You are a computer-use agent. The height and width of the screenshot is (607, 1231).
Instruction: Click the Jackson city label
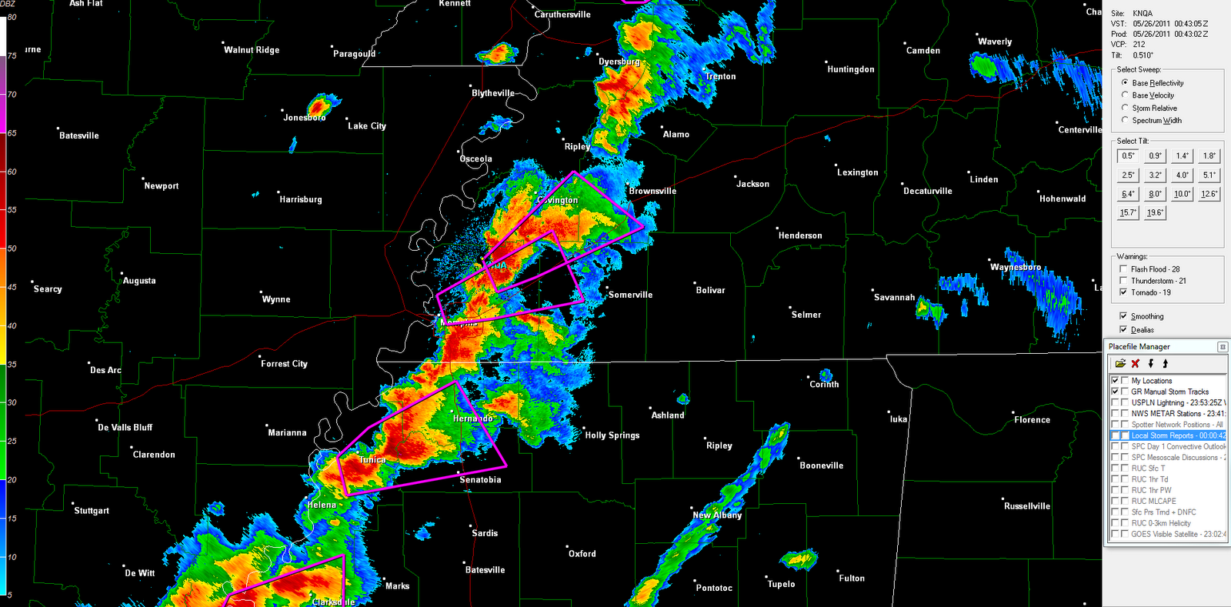tap(752, 184)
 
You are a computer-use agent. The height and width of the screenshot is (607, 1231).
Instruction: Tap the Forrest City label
tap(284, 364)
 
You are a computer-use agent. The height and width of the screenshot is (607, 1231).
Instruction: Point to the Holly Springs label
tap(612, 435)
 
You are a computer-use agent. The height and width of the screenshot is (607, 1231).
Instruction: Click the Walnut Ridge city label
tap(252, 50)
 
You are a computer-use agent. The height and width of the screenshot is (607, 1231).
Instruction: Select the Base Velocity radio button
tap(1126, 95)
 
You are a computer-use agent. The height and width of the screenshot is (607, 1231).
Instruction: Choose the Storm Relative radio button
tap(1126, 108)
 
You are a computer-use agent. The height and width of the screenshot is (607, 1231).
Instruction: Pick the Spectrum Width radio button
tap(1126, 120)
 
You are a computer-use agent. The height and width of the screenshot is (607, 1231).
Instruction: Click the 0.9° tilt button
tap(1155, 156)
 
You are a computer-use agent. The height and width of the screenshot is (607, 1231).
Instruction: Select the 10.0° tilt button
tap(1182, 194)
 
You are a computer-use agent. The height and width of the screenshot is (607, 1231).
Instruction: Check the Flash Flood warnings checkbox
tap(1123, 269)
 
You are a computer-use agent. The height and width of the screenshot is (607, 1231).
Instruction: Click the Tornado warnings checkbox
tap(1123, 292)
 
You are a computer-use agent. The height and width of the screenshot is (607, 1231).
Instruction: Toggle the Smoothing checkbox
tap(1123, 316)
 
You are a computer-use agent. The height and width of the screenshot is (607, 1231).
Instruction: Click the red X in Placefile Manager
tap(1135, 364)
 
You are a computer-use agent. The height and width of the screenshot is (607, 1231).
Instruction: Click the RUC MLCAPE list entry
tap(1153, 501)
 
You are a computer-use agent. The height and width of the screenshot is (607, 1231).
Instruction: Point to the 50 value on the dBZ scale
tap(12, 248)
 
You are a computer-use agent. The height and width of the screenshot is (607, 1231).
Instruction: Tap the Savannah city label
tap(894, 298)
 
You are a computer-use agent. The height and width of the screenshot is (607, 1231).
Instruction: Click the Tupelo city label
tap(781, 585)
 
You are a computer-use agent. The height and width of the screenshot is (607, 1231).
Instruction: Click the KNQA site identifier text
tap(1143, 14)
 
